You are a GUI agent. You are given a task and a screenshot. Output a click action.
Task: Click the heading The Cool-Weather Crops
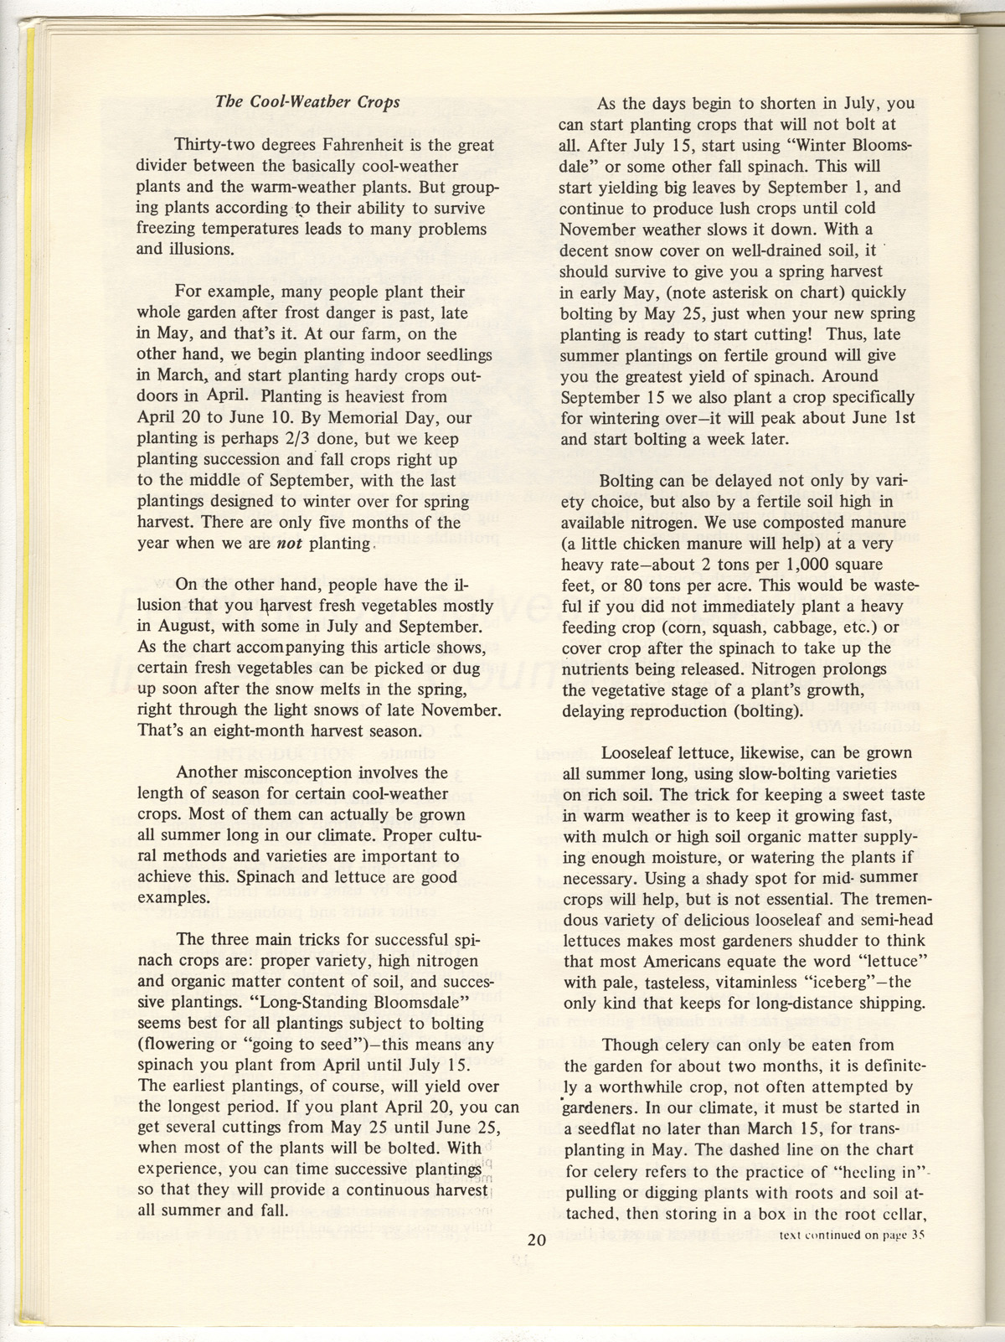pyautogui.click(x=307, y=102)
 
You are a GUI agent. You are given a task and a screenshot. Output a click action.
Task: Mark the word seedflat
pyautogui.click(x=616, y=1107)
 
